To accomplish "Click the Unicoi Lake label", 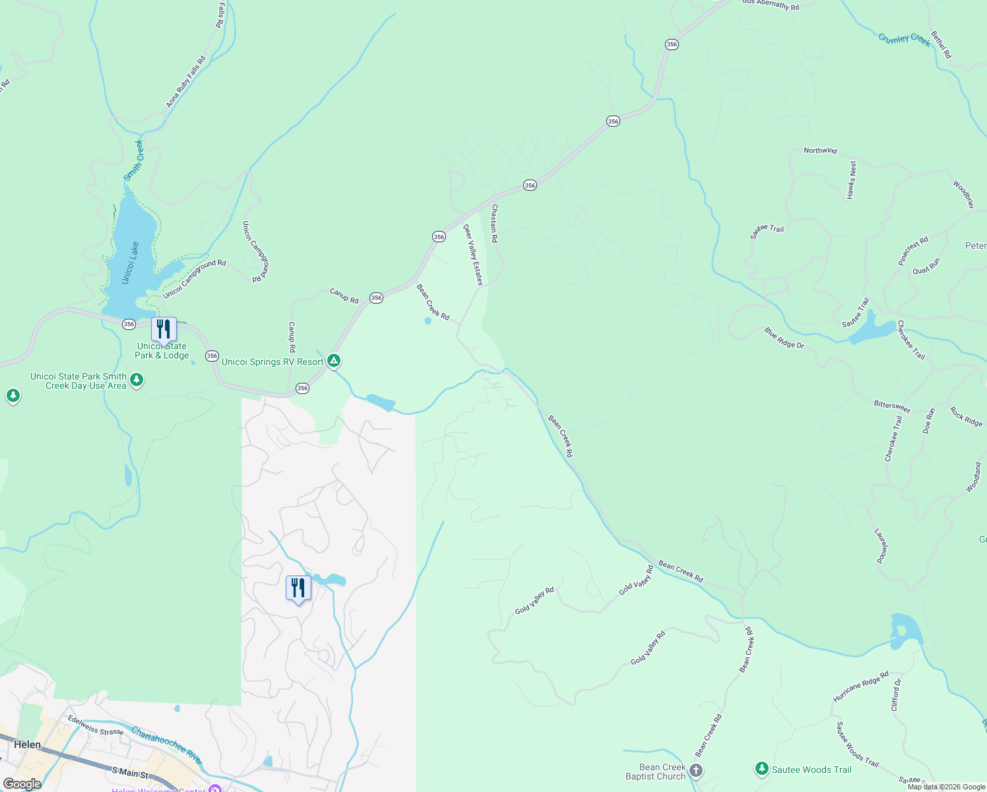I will click(x=131, y=263).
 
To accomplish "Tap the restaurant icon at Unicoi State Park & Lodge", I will click(x=164, y=329).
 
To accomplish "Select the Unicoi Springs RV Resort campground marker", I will click(x=334, y=360).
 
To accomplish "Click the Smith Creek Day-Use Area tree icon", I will click(x=137, y=379).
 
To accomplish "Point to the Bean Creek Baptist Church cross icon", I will click(x=696, y=770).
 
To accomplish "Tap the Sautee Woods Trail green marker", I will click(x=762, y=769).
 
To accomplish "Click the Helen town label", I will click(x=28, y=744).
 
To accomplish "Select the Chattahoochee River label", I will click(x=166, y=745).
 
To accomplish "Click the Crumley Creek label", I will click(x=904, y=40).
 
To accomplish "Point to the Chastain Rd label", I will click(x=494, y=223).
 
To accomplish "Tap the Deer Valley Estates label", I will click(x=472, y=255).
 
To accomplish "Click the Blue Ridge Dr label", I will click(x=784, y=337).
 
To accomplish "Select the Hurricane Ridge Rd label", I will click(x=860, y=686).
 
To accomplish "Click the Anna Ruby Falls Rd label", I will click(x=185, y=82).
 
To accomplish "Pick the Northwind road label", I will click(x=820, y=150).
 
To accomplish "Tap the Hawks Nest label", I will click(x=852, y=180).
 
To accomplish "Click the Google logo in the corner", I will click(x=22, y=783).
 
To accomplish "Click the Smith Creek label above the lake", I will click(x=134, y=160).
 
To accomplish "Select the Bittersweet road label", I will click(x=892, y=407).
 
